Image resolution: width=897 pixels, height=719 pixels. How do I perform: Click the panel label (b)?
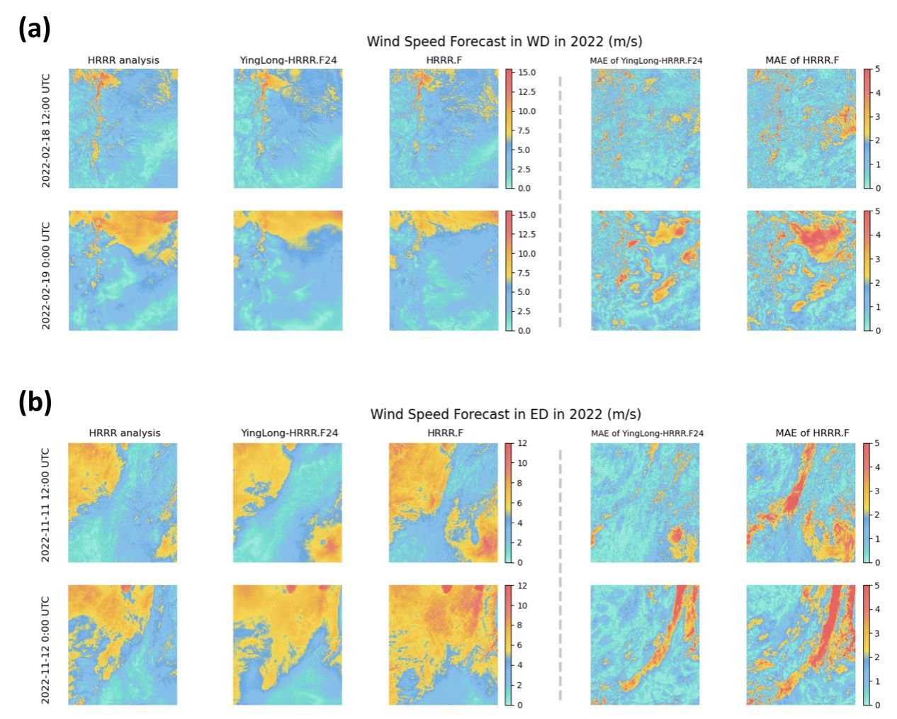[35, 402]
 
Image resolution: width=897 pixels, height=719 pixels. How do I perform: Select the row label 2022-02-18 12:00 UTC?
[46, 128]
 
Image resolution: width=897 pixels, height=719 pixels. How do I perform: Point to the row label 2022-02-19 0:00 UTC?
[46, 271]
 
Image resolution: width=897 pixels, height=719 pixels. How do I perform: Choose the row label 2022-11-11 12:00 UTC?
[46, 503]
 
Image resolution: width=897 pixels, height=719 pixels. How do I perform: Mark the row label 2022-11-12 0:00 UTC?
[46, 645]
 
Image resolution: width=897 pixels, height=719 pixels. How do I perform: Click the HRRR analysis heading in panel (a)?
[123, 60]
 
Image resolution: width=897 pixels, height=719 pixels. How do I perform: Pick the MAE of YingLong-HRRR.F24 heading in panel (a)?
[646, 60]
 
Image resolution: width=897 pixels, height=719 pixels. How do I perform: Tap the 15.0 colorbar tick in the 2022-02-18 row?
[526, 73]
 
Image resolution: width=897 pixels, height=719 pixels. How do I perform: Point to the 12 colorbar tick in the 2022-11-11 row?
[523, 443]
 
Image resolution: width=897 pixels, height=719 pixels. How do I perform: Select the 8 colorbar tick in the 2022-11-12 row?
[521, 625]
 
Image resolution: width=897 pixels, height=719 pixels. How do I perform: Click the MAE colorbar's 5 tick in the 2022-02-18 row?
[878, 69]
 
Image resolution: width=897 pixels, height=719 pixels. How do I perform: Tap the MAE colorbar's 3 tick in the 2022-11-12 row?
[878, 633]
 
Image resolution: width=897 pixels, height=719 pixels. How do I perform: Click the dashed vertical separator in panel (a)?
[560, 199]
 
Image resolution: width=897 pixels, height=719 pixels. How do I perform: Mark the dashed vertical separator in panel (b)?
[560, 574]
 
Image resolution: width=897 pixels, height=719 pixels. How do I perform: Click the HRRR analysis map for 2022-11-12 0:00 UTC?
[123, 645]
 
